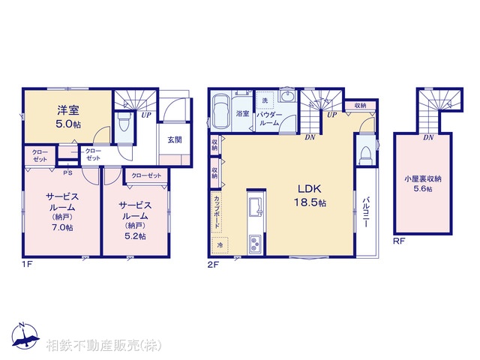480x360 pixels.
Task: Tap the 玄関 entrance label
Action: click(x=173, y=139)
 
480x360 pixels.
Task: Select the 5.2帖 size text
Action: click(x=136, y=235)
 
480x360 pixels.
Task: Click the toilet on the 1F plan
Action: click(x=124, y=124)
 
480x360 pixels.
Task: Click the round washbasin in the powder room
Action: click(x=289, y=97)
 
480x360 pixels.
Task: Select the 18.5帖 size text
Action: click(x=311, y=202)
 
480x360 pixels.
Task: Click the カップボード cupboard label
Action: click(x=216, y=211)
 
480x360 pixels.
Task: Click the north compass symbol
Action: click(x=24, y=338)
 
